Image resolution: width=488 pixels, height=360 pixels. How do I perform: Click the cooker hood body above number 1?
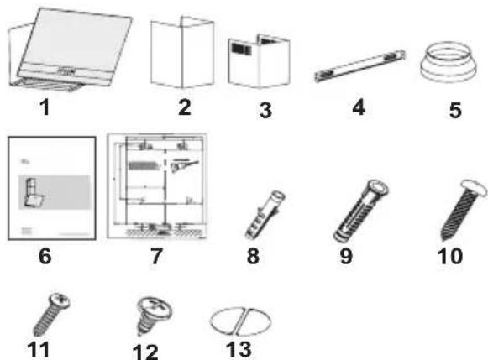[x=71, y=50]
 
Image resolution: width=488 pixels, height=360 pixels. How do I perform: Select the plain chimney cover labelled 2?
[x=182, y=52]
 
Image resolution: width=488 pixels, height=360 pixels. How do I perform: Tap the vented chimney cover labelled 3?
[x=259, y=61]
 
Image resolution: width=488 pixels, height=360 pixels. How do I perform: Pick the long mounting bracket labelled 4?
[x=359, y=66]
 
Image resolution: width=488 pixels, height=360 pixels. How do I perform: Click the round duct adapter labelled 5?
[x=449, y=62]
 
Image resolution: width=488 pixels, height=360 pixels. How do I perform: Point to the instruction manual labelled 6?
[x=52, y=188]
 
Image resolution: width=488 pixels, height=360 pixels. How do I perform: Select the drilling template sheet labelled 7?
[x=157, y=186]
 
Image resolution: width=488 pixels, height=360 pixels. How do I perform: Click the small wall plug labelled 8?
[x=265, y=215]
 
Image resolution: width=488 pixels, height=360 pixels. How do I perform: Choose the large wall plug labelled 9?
[x=361, y=211]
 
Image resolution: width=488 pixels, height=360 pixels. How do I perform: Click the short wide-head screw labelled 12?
[x=153, y=315]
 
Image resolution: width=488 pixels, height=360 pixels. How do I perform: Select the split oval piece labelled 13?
[x=240, y=321]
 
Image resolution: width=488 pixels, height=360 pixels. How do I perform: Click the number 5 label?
[x=455, y=110]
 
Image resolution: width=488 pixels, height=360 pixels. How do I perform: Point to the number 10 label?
[x=450, y=256]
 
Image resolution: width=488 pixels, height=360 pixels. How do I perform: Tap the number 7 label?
[x=156, y=256]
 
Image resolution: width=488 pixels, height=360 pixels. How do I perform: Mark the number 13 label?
[x=239, y=349]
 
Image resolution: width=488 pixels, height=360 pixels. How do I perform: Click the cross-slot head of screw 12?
[x=155, y=305]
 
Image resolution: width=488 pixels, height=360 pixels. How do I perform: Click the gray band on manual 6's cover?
[x=55, y=192]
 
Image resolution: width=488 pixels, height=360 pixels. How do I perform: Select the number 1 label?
[x=45, y=107]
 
